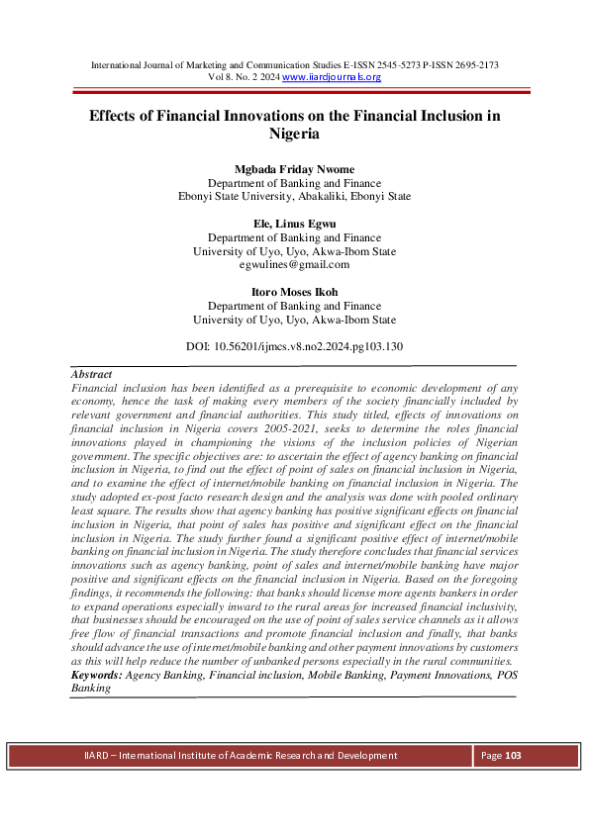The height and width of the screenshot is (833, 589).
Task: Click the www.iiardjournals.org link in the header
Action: tap(332, 77)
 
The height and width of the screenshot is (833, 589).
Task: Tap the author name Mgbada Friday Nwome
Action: tap(294, 169)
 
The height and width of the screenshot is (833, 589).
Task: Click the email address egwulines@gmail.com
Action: tap(294, 265)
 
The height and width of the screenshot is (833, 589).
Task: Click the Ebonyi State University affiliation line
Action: tap(294, 197)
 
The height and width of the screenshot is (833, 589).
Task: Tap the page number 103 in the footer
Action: tap(513, 756)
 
